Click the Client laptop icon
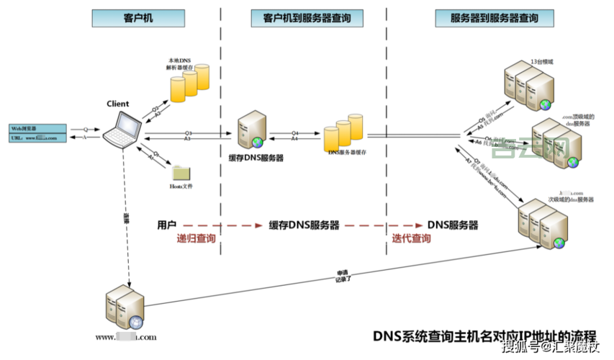tap(121, 129)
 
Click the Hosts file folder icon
tap(181, 172)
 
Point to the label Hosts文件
tap(181, 186)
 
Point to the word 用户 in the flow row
tap(167, 225)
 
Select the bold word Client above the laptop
tap(118, 104)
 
